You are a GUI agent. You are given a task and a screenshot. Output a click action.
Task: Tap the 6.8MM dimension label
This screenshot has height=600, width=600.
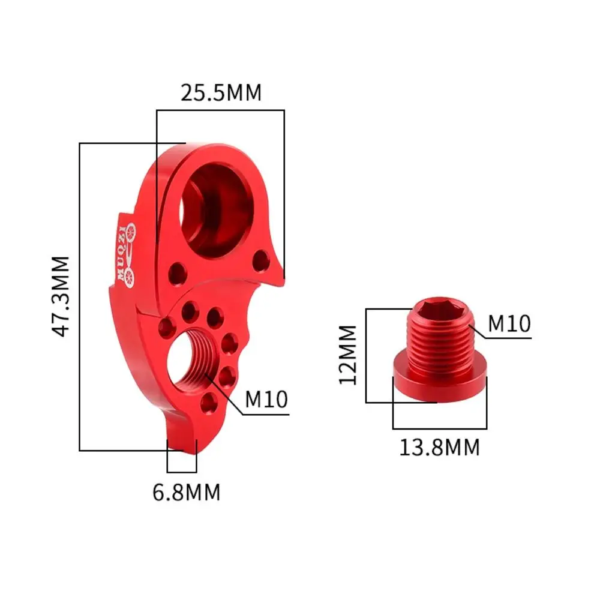click(187, 492)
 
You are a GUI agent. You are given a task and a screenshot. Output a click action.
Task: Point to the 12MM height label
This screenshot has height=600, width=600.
click(347, 355)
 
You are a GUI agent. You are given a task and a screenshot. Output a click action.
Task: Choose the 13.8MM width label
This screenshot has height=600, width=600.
click(440, 447)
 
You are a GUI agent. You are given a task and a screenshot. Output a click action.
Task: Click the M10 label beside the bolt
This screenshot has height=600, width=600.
click(509, 324)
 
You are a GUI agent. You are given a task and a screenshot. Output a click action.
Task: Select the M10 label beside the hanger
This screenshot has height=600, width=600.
click(266, 399)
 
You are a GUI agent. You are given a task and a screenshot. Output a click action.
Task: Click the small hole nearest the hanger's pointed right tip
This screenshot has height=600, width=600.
click(261, 260)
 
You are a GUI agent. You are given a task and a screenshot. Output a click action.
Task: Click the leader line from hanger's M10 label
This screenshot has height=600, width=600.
click(225, 395)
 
